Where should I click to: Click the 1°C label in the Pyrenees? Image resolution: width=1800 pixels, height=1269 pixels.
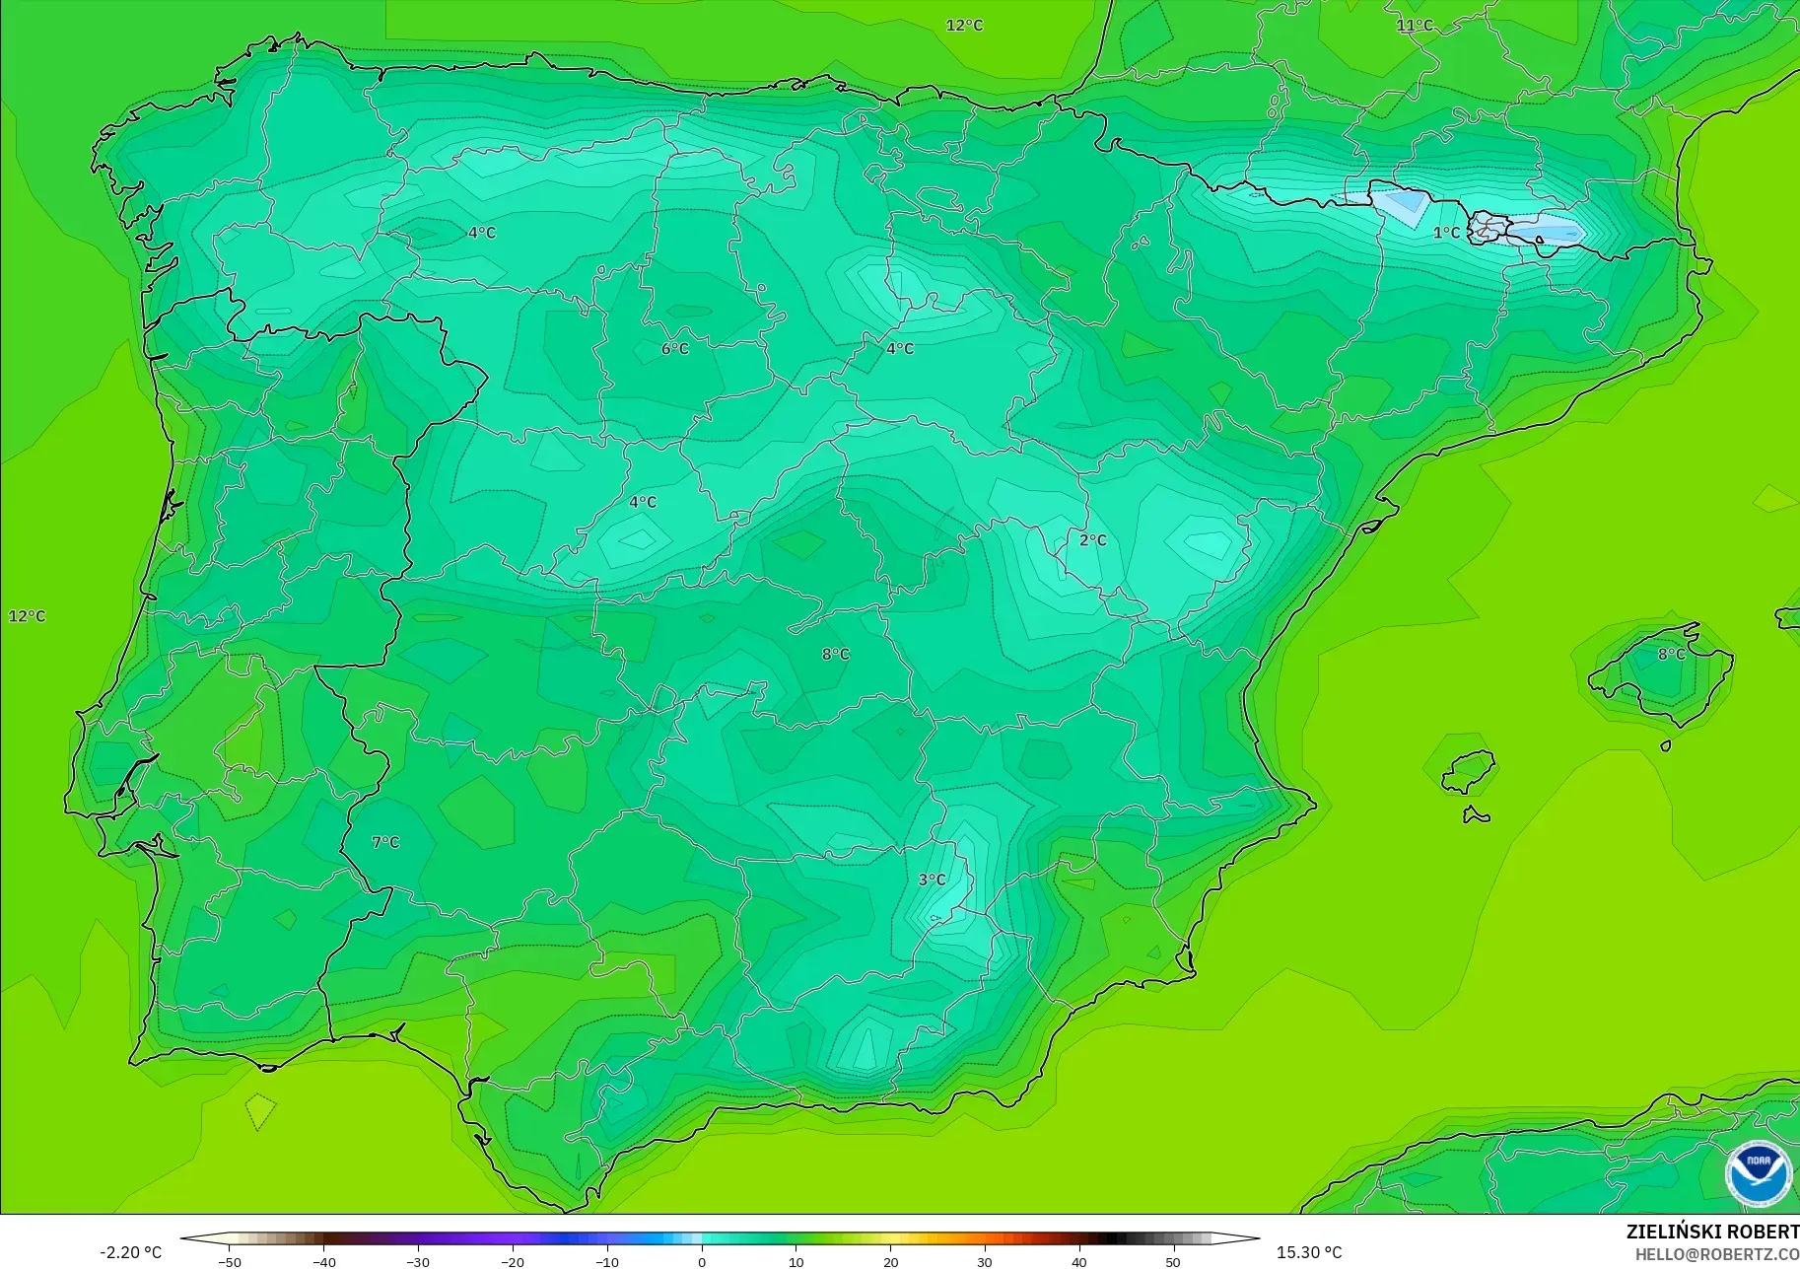coord(1446,233)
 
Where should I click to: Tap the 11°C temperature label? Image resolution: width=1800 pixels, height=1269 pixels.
coord(1415,26)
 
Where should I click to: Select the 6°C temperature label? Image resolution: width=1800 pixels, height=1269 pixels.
coord(675,349)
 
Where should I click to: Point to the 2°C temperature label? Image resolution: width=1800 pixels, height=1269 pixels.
coord(1092,540)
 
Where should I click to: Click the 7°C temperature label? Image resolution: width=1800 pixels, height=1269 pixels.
coord(385,842)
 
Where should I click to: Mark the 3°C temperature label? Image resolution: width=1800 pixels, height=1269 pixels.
coord(932,880)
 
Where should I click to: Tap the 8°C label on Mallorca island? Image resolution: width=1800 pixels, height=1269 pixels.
coord(1671,654)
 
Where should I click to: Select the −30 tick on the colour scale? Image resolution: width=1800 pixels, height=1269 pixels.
coord(418,1261)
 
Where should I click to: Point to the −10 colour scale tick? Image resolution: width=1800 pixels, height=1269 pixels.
coord(607,1261)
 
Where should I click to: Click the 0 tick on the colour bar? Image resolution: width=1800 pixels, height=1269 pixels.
coord(702,1261)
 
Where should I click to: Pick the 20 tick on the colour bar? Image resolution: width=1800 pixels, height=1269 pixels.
coord(890,1261)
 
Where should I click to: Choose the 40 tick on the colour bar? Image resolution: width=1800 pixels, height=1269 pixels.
coord(1079,1261)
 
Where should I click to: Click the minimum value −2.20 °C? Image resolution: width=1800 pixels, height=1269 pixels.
coord(130,1252)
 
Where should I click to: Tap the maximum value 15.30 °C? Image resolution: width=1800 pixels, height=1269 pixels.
coord(1309,1252)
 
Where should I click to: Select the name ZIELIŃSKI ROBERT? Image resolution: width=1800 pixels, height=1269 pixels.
coord(1712,1232)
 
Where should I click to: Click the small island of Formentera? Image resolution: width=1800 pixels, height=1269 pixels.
coord(1476,814)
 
